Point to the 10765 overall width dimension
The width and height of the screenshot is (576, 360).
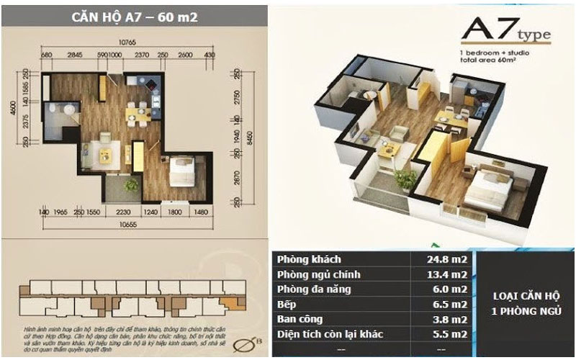coord(127,43)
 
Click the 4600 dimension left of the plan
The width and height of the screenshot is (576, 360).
coord(23,106)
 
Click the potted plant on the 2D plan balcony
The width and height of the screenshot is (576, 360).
coord(131,185)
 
